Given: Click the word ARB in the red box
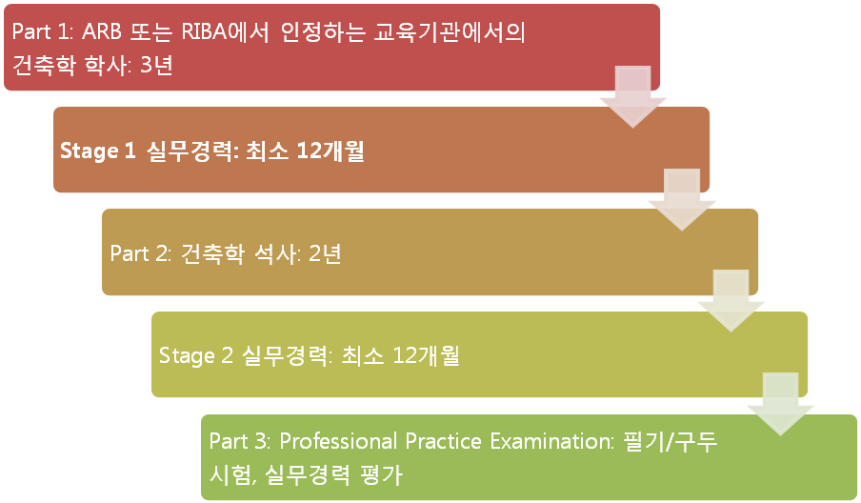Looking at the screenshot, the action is (x=102, y=31).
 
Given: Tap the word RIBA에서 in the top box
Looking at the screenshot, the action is (x=225, y=31).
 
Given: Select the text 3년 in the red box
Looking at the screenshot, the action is (x=156, y=66).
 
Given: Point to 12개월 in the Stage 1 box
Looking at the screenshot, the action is (x=330, y=151).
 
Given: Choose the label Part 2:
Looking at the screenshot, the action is (x=141, y=253).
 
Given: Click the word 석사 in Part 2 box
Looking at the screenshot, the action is (x=276, y=253).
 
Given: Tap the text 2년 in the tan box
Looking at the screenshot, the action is (x=325, y=253).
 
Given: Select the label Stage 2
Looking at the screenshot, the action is (x=195, y=356).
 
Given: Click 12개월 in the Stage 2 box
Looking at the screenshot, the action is (x=426, y=355).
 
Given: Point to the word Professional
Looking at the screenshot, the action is (x=338, y=441).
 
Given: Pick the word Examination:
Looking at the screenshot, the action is (x=551, y=441).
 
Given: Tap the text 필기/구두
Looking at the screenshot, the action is (x=671, y=441).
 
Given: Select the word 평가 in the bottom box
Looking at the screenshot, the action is (x=381, y=474).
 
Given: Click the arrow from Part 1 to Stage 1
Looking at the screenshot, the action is (x=632, y=96).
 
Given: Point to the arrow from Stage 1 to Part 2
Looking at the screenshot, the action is (x=681, y=199).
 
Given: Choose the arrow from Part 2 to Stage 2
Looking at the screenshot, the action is (x=731, y=301).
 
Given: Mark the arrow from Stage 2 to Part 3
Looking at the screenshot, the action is (x=780, y=404).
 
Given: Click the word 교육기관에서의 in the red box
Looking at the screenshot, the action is (x=450, y=31).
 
